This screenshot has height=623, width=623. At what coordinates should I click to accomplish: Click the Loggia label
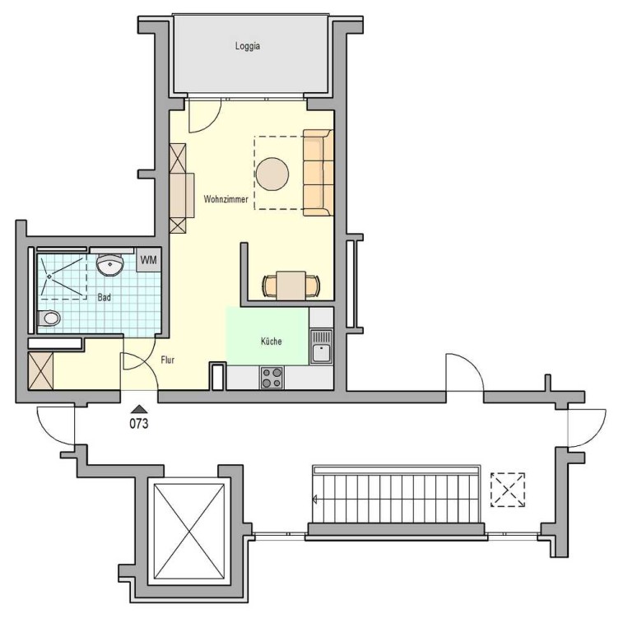click(248, 46)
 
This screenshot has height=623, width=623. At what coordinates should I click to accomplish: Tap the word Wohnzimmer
click(225, 199)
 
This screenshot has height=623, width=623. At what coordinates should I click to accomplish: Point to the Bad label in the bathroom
click(104, 297)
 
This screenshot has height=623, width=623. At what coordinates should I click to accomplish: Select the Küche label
click(272, 342)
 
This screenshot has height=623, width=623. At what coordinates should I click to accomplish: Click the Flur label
click(168, 360)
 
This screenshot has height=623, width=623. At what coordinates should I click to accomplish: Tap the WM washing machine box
click(149, 260)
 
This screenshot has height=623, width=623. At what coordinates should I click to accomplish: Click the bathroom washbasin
click(110, 265)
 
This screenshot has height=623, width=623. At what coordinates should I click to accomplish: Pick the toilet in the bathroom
click(49, 318)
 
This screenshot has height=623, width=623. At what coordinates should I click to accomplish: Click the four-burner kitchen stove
click(272, 378)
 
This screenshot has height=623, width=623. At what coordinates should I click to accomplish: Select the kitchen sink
click(321, 346)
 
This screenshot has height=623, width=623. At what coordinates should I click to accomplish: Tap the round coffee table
click(272, 174)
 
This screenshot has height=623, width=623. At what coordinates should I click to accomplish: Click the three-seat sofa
click(318, 173)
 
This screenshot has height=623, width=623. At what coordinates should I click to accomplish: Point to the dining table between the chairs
click(291, 286)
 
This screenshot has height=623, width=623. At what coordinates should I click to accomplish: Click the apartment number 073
click(139, 424)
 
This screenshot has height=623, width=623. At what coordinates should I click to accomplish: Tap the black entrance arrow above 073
click(138, 409)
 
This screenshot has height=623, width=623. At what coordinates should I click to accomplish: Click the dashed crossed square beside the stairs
click(508, 490)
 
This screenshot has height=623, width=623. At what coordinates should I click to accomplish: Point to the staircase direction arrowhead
click(315, 500)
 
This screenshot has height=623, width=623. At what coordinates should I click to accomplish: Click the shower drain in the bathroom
click(49, 277)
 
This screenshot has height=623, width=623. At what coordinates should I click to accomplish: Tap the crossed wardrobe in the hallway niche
click(40, 370)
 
